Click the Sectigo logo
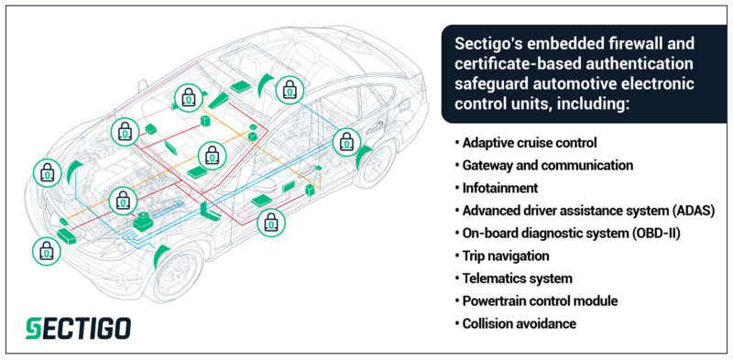(77, 327)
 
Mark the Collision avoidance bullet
(518, 323)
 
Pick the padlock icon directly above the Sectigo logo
(45, 249)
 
